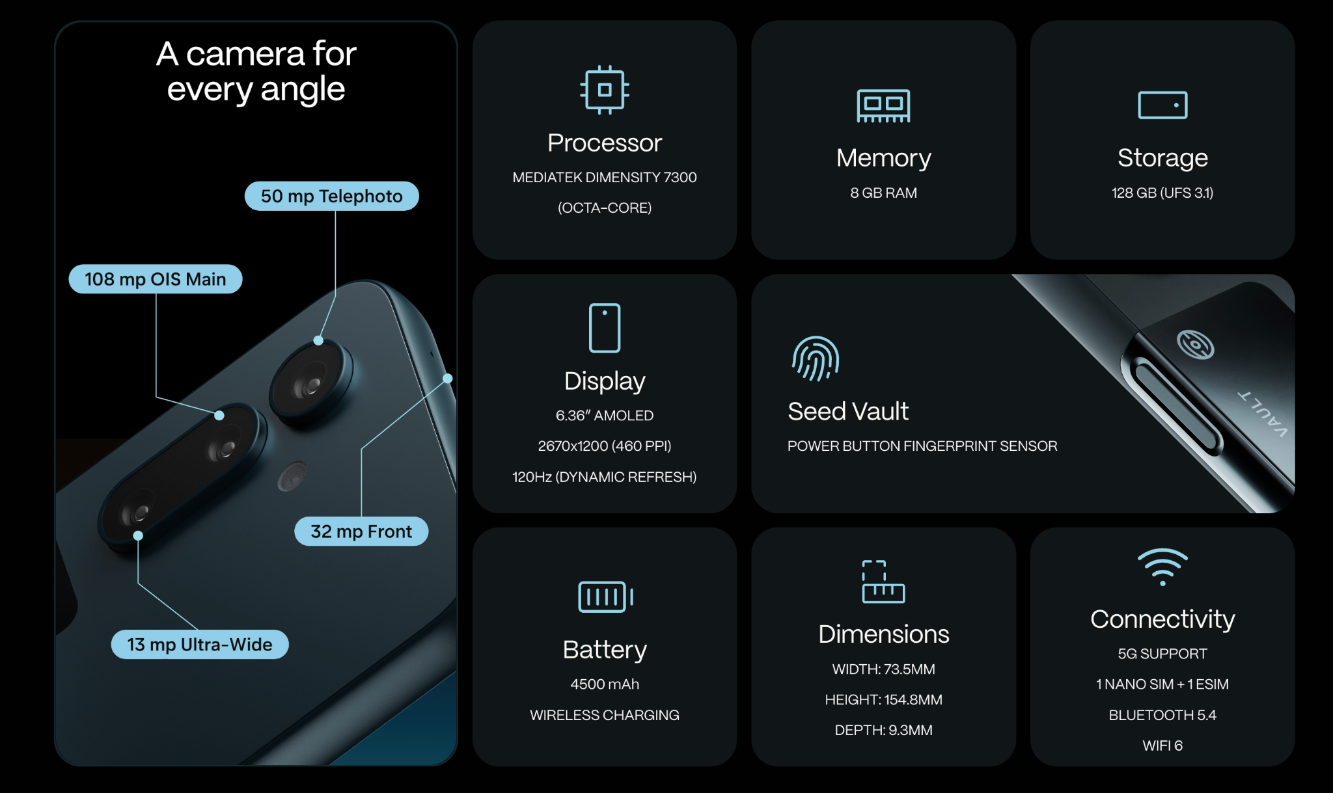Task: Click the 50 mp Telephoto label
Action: click(x=331, y=196)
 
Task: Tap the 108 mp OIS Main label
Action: click(x=156, y=279)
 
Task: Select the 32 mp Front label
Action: click(x=361, y=531)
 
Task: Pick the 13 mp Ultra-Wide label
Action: click(x=200, y=644)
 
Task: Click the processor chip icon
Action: click(x=605, y=90)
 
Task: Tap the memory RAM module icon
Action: click(x=883, y=105)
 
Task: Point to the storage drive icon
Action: click(x=1162, y=105)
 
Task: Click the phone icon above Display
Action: click(x=605, y=328)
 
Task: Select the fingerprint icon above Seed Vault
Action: click(x=816, y=358)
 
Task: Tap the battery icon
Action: click(x=605, y=597)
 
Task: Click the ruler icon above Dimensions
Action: click(x=883, y=582)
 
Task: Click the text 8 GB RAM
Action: click(x=883, y=193)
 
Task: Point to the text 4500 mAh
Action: click(x=605, y=684)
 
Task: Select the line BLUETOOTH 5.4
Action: click(x=1162, y=715)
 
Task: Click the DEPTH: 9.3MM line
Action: click(x=883, y=730)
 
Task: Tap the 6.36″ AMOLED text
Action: click(x=605, y=415)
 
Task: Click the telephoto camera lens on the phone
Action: click(x=311, y=385)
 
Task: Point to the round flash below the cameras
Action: click(x=292, y=476)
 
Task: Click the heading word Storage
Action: click(x=1162, y=158)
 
